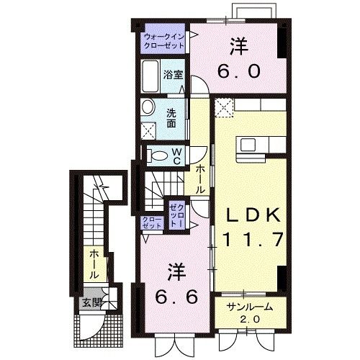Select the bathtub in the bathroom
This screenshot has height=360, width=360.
click(x=150, y=75)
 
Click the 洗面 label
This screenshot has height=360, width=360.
click(x=172, y=117)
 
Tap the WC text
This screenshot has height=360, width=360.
click(x=177, y=155)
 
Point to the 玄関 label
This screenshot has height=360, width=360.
click(x=90, y=301)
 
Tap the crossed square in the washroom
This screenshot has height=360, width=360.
click(x=150, y=132)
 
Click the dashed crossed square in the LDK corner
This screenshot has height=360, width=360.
click(x=223, y=108)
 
